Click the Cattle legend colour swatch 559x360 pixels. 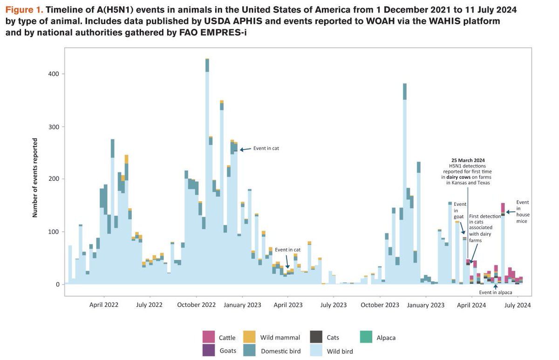(208, 337)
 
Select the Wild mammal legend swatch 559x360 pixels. (250, 337)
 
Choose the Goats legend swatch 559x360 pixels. (208, 350)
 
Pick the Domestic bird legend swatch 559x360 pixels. (250, 350)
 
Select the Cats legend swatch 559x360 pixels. (316, 337)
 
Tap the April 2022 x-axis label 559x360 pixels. (104, 305)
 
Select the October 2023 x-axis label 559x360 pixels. (380, 305)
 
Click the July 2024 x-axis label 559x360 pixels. (517, 305)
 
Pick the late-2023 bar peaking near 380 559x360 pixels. (405, 186)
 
